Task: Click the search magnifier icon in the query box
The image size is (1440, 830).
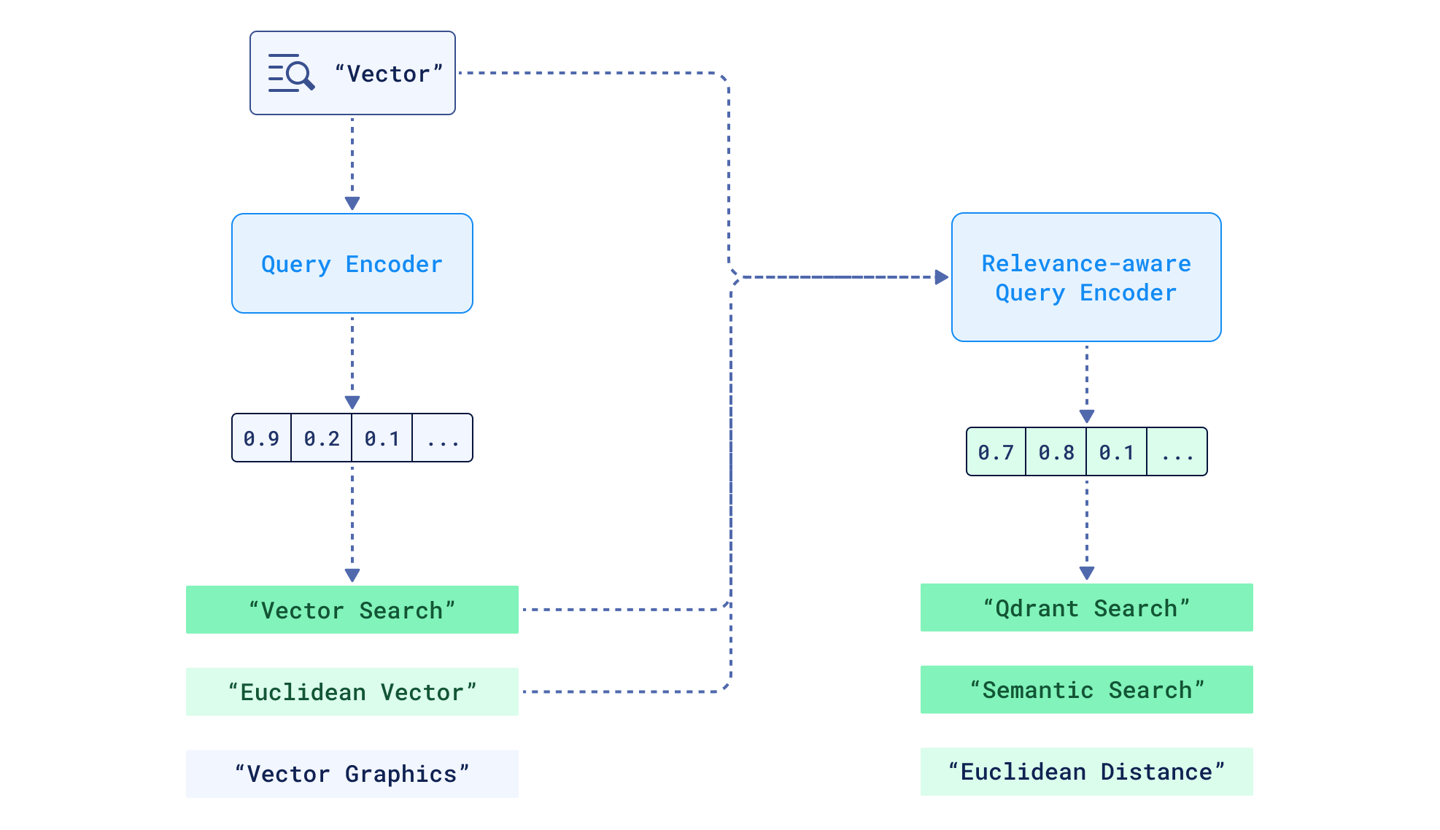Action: [292, 73]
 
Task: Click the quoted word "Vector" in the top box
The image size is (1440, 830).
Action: [389, 74]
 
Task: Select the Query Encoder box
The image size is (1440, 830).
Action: [352, 263]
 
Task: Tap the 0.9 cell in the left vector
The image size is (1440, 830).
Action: [262, 438]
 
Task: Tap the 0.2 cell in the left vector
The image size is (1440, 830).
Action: [322, 438]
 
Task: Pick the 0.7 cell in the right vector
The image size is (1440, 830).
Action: [996, 452]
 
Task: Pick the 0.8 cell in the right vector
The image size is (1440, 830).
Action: [1056, 452]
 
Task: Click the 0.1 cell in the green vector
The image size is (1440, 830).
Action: [1117, 452]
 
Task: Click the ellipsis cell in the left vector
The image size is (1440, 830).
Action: [443, 438]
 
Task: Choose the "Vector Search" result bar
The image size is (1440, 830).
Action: [352, 610]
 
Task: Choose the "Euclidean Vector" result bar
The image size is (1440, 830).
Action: [352, 691]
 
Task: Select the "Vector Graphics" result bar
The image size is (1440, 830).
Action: [352, 774]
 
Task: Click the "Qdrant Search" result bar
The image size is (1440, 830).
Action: [1086, 608]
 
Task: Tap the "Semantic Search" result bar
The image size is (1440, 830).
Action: [1086, 689]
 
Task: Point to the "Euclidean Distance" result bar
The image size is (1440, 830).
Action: [1086, 772]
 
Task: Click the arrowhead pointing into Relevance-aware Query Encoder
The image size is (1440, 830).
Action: [942, 277]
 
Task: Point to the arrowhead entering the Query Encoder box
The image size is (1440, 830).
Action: [352, 203]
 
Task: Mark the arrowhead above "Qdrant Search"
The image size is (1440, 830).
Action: [1087, 573]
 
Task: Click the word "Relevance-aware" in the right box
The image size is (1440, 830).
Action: [1086, 263]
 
